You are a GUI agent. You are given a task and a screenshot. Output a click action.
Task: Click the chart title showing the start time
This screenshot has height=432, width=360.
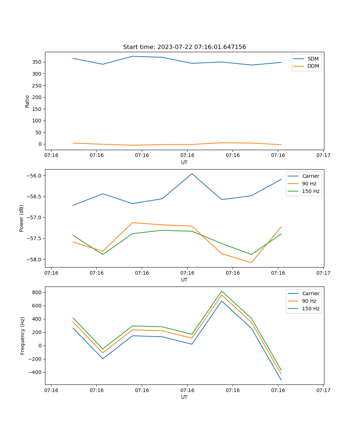pos(184,47)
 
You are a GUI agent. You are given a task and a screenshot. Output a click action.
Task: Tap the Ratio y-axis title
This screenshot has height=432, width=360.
pos(27,101)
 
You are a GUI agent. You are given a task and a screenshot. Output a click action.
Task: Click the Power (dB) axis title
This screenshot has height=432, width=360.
pos(22,218)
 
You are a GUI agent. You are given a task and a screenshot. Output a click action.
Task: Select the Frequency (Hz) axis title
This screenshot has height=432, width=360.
pos(22,336)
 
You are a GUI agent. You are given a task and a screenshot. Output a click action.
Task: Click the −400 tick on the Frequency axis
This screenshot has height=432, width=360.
pos(35,372)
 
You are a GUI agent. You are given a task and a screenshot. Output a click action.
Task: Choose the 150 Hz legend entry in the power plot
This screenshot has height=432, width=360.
pos(310,191)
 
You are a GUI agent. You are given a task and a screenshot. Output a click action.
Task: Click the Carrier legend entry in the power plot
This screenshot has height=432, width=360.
pos(310,176)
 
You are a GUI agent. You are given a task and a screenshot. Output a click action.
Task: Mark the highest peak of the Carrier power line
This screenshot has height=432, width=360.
pos(192,174)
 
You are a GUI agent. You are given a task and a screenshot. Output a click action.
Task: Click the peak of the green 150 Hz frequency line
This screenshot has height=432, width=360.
pos(222,291)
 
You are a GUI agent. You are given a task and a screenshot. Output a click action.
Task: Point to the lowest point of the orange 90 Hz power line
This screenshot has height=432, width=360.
pos(251,262)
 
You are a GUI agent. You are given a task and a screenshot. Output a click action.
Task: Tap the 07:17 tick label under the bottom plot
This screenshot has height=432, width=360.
pos(323,390)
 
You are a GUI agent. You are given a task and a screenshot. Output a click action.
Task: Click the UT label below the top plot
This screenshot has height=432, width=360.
pos(184,162)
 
